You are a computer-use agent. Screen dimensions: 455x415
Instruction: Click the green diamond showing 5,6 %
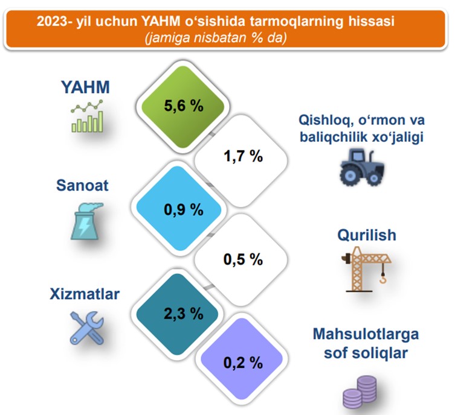pos(183,106)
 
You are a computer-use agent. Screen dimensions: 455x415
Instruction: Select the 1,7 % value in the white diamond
pos(243,156)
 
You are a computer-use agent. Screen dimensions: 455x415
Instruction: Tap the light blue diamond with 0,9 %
pos(179,208)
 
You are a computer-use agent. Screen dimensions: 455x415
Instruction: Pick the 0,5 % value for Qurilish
pos(243,259)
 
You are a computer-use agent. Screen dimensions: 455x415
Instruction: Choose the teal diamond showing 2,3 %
pos(177,314)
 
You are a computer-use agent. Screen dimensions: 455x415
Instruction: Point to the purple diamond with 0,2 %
pos(242,359)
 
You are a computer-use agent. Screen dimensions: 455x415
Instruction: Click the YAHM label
pos(85,87)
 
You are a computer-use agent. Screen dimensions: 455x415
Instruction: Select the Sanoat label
pos(82,185)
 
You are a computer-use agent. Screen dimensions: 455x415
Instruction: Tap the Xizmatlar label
pos(85,294)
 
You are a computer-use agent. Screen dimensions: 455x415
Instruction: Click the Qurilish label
pos(367,235)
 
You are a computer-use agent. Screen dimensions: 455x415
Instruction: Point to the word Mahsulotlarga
pos(366,334)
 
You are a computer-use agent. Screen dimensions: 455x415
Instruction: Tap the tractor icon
pos(362,168)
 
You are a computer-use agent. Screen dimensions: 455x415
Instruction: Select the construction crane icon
pos(367,269)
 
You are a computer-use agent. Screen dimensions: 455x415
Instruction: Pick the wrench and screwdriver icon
pos(87,328)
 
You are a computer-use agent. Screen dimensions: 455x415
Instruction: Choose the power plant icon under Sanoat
pos(86,221)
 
